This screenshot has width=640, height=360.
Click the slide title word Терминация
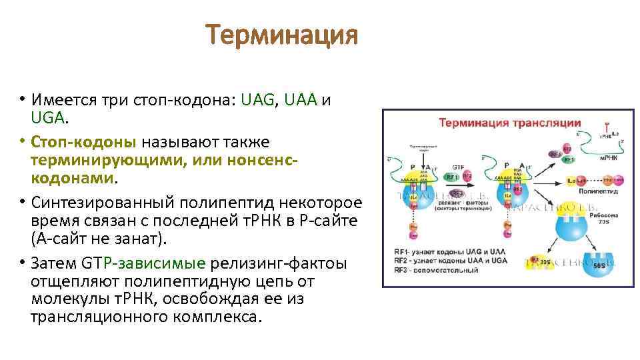click(281, 35)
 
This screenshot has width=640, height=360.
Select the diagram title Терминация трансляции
click(509, 123)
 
